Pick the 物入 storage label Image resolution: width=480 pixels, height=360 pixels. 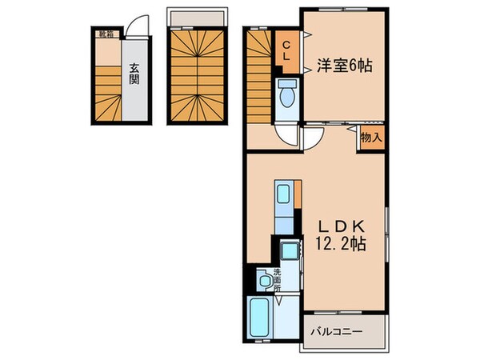[x=370, y=137]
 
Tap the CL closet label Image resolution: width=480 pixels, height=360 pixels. [x=285, y=50]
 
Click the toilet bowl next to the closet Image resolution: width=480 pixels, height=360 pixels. [x=286, y=94]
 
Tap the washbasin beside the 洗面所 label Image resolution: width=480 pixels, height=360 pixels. [x=264, y=281]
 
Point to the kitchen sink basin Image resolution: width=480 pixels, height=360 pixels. [x=283, y=196]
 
